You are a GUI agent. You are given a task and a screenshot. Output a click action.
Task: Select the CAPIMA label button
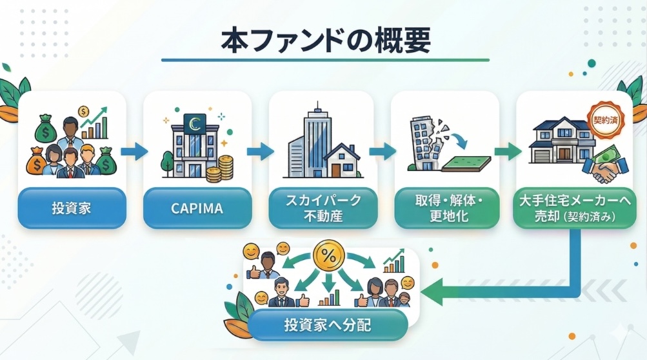(196, 208)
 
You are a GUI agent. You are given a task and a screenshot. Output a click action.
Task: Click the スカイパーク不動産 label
(323, 208)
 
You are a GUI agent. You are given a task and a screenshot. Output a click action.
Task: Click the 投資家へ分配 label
(327, 325)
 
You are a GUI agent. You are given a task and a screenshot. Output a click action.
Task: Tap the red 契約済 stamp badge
(604, 120)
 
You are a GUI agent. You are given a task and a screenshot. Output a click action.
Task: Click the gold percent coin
(328, 255)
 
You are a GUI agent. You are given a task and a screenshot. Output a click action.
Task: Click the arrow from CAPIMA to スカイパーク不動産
(259, 152)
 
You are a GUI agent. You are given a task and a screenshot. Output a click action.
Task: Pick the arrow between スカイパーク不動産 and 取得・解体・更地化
(383, 152)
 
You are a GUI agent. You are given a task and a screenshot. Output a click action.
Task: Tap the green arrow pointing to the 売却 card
(507, 152)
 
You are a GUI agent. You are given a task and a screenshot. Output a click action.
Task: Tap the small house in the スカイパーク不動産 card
(342, 160)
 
